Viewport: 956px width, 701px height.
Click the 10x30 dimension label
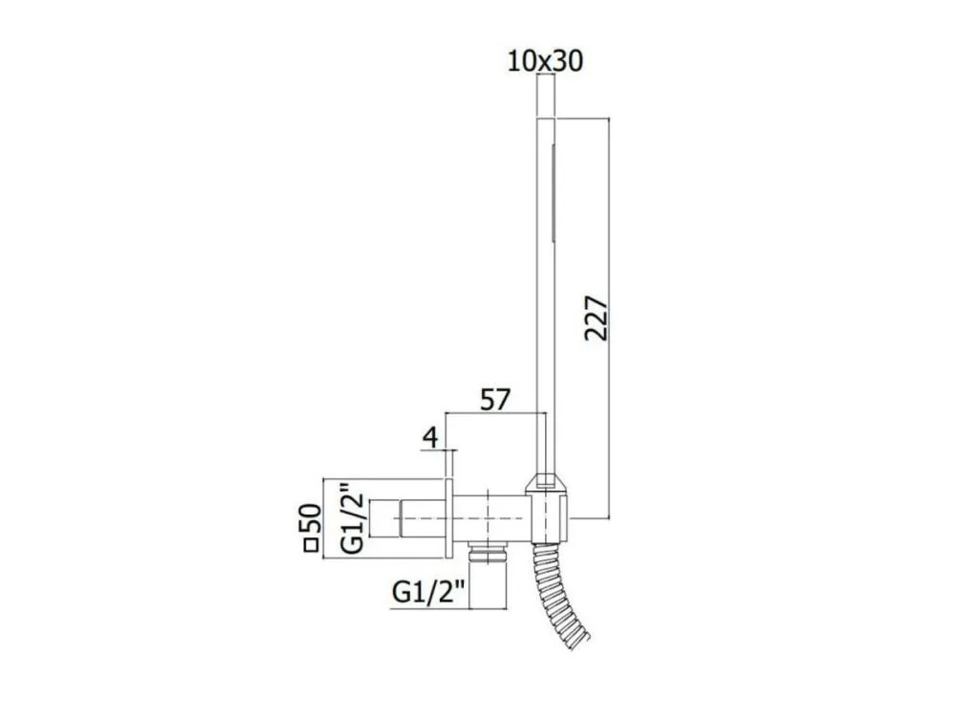click(545, 61)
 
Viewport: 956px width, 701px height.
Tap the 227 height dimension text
click(597, 318)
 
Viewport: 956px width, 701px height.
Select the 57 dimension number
click(494, 400)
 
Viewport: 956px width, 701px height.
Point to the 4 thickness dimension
click(430, 437)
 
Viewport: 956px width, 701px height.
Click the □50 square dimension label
click(313, 528)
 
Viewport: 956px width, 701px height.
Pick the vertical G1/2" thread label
click(353, 518)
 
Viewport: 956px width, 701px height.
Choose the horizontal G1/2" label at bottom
click(428, 592)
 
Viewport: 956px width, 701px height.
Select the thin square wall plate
click(449, 518)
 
